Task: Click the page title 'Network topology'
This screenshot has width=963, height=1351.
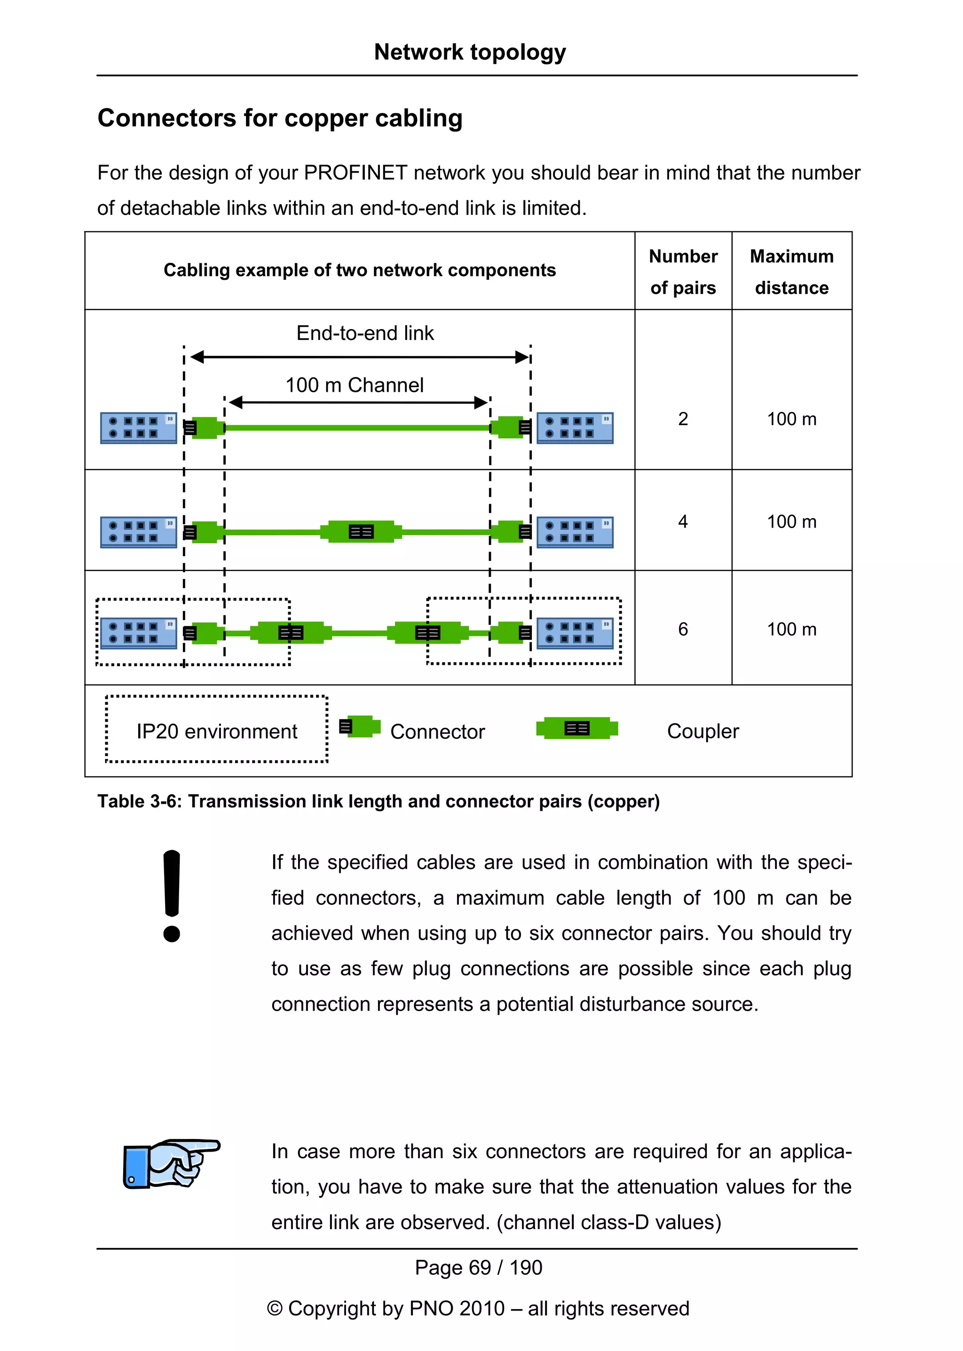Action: [x=470, y=52]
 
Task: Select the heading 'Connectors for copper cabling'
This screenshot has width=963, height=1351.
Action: [x=280, y=118]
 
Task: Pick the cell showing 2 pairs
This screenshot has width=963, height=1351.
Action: [x=683, y=419]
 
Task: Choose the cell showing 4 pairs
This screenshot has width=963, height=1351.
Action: [x=683, y=521]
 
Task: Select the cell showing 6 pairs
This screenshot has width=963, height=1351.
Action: [x=683, y=629]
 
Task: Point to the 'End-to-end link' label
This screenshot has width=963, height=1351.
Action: [x=365, y=333]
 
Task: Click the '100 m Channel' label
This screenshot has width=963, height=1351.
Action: [x=355, y=385]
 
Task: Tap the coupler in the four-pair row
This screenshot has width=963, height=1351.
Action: [x=361, y=531]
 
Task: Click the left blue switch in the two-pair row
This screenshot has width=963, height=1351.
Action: [x=139, y=427]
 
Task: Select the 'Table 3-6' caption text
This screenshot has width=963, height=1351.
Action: [x=379, y=801]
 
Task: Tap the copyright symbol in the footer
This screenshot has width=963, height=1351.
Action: [x=275, y=1308]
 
